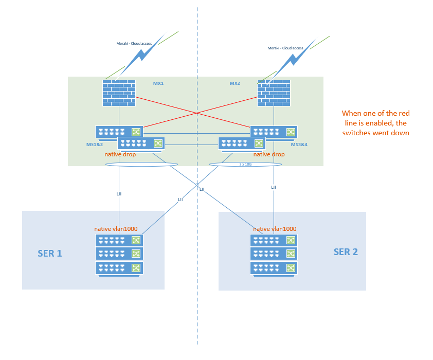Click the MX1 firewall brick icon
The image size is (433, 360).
point(119,93)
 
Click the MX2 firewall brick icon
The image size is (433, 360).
point(274,93)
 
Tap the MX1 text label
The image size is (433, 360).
point(158,83)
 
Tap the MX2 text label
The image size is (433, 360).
point(234,83)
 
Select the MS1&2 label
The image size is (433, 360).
point(95,145)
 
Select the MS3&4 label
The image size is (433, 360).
point(299,145)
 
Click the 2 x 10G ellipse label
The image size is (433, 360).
point(246,164)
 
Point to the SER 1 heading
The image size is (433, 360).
point(50,254)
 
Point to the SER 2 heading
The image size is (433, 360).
point(346,251)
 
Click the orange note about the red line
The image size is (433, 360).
point(376,123)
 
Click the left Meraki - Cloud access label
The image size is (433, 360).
point(134,44)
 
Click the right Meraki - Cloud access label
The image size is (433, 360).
point(285,48)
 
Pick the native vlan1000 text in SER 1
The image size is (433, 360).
point(116,229)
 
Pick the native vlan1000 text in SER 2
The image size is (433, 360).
point(275,229)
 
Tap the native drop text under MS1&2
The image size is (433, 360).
point(120,154)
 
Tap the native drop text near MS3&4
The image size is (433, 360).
point(269,154)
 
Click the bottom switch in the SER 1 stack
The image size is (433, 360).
point(119,268)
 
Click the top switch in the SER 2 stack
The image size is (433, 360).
point(274,240)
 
